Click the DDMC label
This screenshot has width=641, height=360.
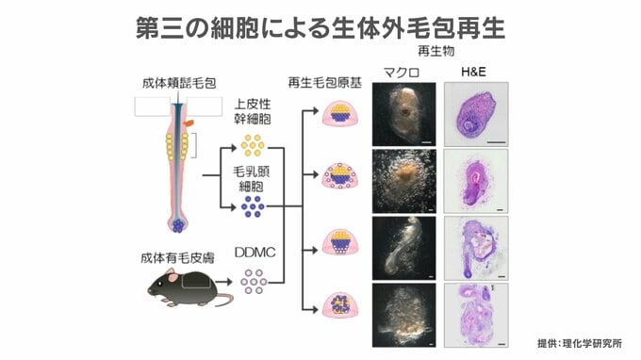coord(255,253)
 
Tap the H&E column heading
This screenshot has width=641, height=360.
coord(473,72)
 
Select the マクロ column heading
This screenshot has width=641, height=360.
coord(402,73)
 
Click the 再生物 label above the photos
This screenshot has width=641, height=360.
coord(436,51)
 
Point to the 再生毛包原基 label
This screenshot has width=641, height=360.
coord(325,83)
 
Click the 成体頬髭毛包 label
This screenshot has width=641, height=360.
coord(179,83)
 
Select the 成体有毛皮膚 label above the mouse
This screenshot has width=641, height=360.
coord(177,258)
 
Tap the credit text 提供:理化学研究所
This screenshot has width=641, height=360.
coord(580,343)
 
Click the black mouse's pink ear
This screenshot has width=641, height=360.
coord(173,277)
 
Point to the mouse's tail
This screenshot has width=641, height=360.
coord(224,298)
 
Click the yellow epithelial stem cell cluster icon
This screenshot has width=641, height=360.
coord(253,145)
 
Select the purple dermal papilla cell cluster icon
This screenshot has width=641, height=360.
coord(253,206)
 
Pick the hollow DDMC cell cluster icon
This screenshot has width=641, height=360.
coord(254,281)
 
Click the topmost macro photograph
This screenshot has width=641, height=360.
coord(403,114)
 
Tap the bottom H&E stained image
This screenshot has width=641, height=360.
coord(476,316)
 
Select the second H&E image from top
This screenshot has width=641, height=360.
coord(476,181)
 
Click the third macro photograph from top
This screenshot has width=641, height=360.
coord(403,248)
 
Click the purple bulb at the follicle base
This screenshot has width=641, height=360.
coord(178,225)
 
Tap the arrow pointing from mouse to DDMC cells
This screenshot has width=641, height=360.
coord(223,282)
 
